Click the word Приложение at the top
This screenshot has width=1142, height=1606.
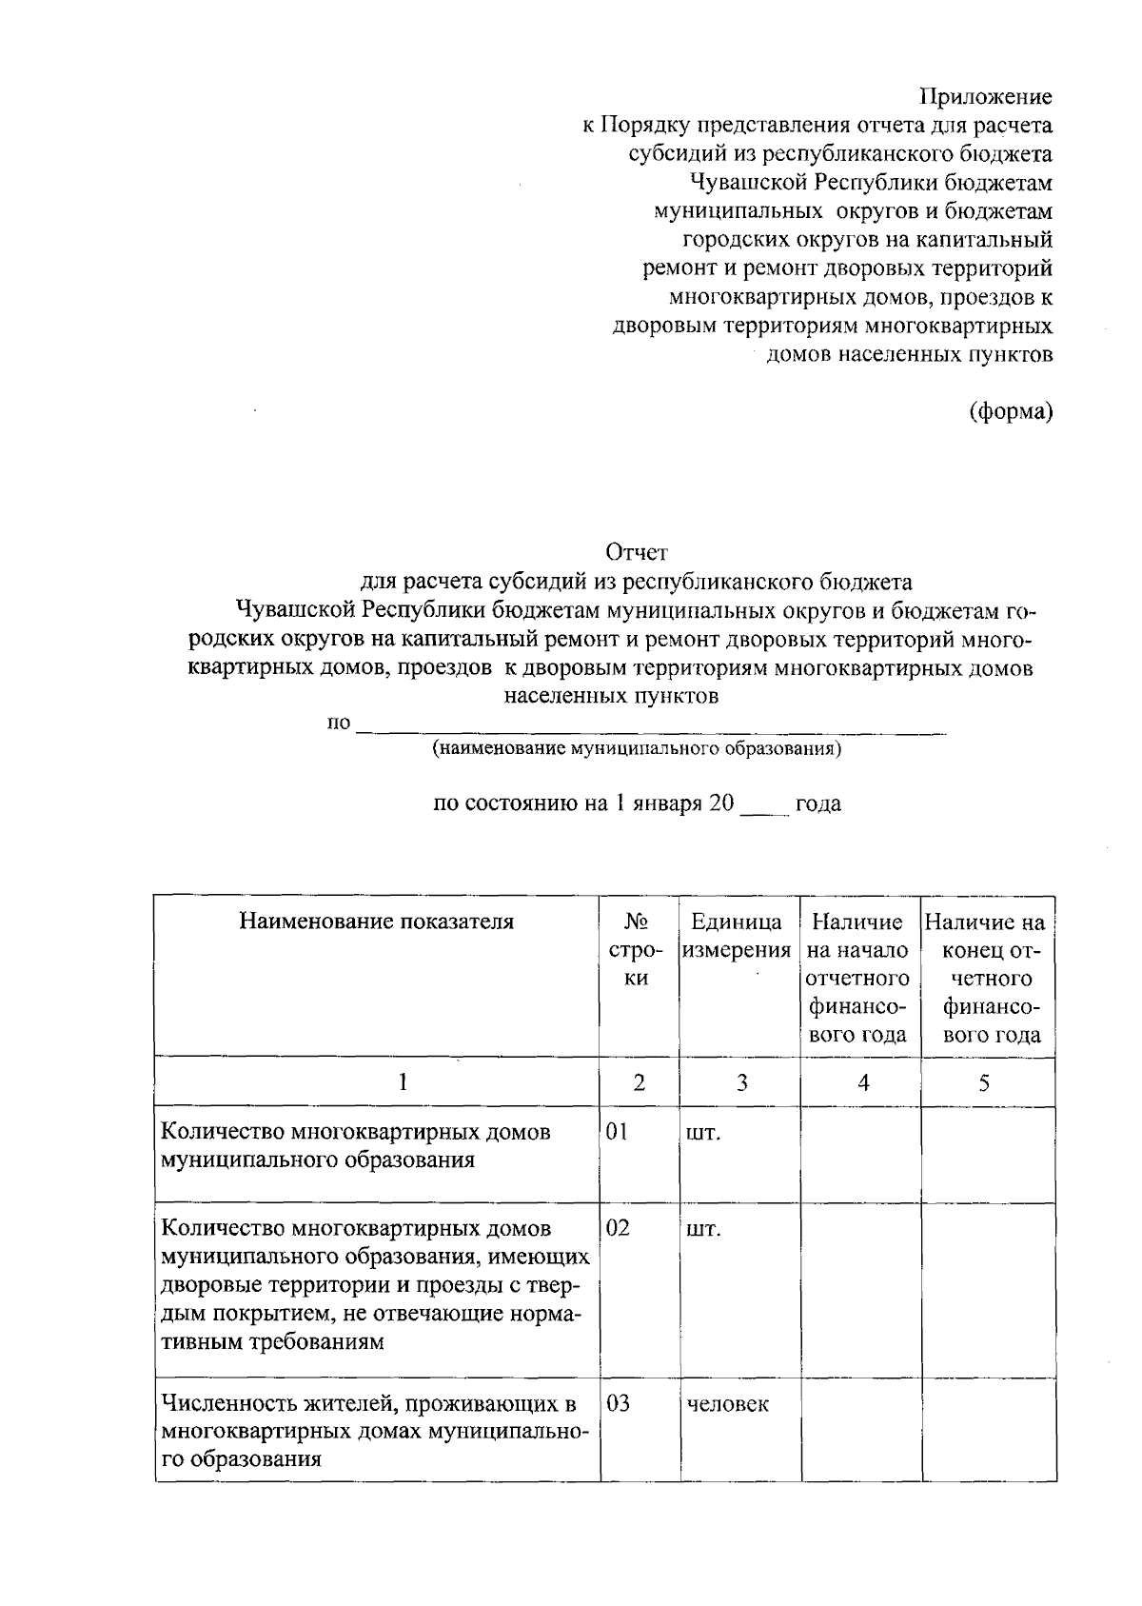pos(985,97)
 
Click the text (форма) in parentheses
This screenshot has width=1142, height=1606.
pos(1011,411)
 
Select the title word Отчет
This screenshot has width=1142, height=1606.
pos(638,552)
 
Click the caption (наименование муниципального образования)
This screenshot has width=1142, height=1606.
pos(637,749)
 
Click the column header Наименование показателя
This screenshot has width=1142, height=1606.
pos(377,922)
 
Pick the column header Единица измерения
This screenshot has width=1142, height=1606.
pos(738,936)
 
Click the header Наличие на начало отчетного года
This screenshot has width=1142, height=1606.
pos(859,979)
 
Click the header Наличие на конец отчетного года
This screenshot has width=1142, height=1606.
pos(986,979)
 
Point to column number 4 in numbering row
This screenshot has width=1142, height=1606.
pos(862,1082)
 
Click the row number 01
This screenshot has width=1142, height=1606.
pos(618,1132)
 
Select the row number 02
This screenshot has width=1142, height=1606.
pos(618,1227)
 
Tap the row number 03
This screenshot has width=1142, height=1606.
pos(618,1403)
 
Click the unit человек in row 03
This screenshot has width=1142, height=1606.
pos(727,1403)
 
